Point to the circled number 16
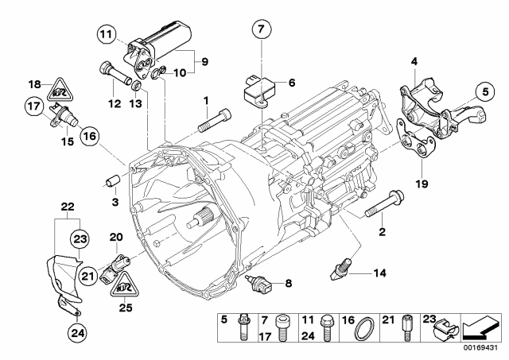click(88, 137)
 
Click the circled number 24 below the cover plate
click(77, 332)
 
